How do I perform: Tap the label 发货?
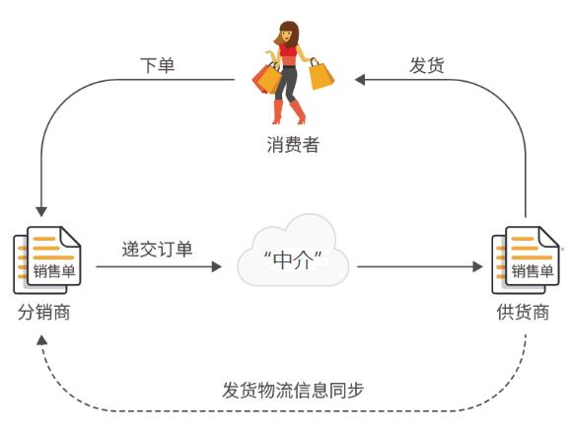pyautogui.click(x=426, y=65)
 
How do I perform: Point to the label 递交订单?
pyautogui.click(x=157, y=248)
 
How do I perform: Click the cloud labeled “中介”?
pyautogui.click(x=293, y=257)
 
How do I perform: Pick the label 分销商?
pyautogui.click(x=44, y=314)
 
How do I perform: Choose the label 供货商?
pyautogui.click(x=523, y=314)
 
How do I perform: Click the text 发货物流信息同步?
pyautogui.click(x=293, y=389)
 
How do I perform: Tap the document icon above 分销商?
pyautogui.click(x=46, y=258)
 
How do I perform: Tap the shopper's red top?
pyautogui.click(x=288, y=51)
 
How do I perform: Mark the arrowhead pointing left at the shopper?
pyautogui.click(x=362, y=79)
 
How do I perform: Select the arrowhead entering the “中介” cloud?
pyautogui.click(x=219, y=266)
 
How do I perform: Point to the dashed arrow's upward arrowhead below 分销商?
pyautogui.click(x=40, y=339)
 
